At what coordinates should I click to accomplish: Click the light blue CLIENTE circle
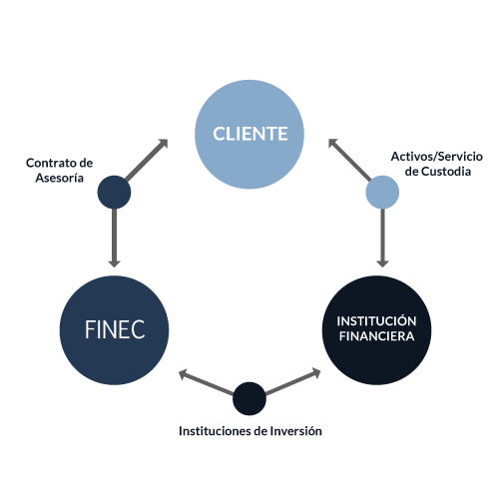tap(249, 135)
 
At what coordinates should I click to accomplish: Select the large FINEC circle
tap(114, 330)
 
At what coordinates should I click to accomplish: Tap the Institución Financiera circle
tap(376, 330)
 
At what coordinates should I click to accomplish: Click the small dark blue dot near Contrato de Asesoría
tap(114, 193)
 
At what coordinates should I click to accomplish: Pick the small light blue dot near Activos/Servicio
tap(382, 193)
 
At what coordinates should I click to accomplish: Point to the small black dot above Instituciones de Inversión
tap(249, 398)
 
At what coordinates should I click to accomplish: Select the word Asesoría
tap(60, 178)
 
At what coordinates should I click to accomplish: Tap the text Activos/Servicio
tap(437, 157)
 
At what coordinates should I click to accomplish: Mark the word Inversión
tap(296, 431)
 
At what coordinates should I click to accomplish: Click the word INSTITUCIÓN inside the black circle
tap(376, 321)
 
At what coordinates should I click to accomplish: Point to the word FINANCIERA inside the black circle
tap(376, 336)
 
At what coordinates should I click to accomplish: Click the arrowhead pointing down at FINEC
tap(114, 262)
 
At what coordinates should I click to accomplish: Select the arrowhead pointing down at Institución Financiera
tap(382, 262)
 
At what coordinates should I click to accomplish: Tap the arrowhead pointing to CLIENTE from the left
tap(163, 144)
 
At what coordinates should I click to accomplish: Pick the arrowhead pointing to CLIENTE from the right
tap(333, 144)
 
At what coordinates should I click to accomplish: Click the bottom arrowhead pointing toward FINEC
tap(184, 374)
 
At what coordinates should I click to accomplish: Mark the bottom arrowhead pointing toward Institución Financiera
tap(315, 373)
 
